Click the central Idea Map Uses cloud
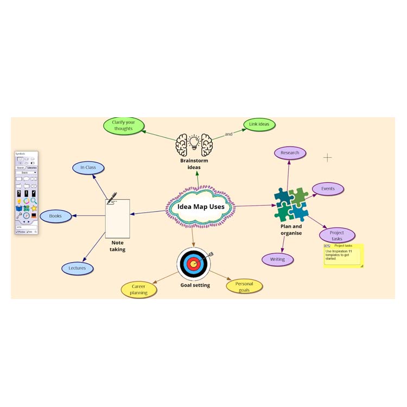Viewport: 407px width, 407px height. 200,207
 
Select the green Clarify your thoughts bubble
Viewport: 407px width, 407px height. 124,125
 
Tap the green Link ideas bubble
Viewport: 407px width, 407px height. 259,125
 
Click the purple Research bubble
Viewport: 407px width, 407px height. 290,153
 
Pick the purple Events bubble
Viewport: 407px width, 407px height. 328,189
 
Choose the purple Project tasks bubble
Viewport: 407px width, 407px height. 337,236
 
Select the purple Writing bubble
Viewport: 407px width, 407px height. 277,259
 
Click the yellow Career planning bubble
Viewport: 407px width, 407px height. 139,289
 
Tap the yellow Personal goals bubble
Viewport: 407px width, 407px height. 244,286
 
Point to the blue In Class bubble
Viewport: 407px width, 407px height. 88,168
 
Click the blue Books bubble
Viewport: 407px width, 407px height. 55,216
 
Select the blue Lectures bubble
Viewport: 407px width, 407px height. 77,268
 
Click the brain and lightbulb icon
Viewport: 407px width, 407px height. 194,144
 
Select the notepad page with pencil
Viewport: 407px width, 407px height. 117,217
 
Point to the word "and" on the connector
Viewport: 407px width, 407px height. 228,134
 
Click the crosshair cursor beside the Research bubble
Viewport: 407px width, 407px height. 328,158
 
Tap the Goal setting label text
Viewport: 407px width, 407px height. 195,285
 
